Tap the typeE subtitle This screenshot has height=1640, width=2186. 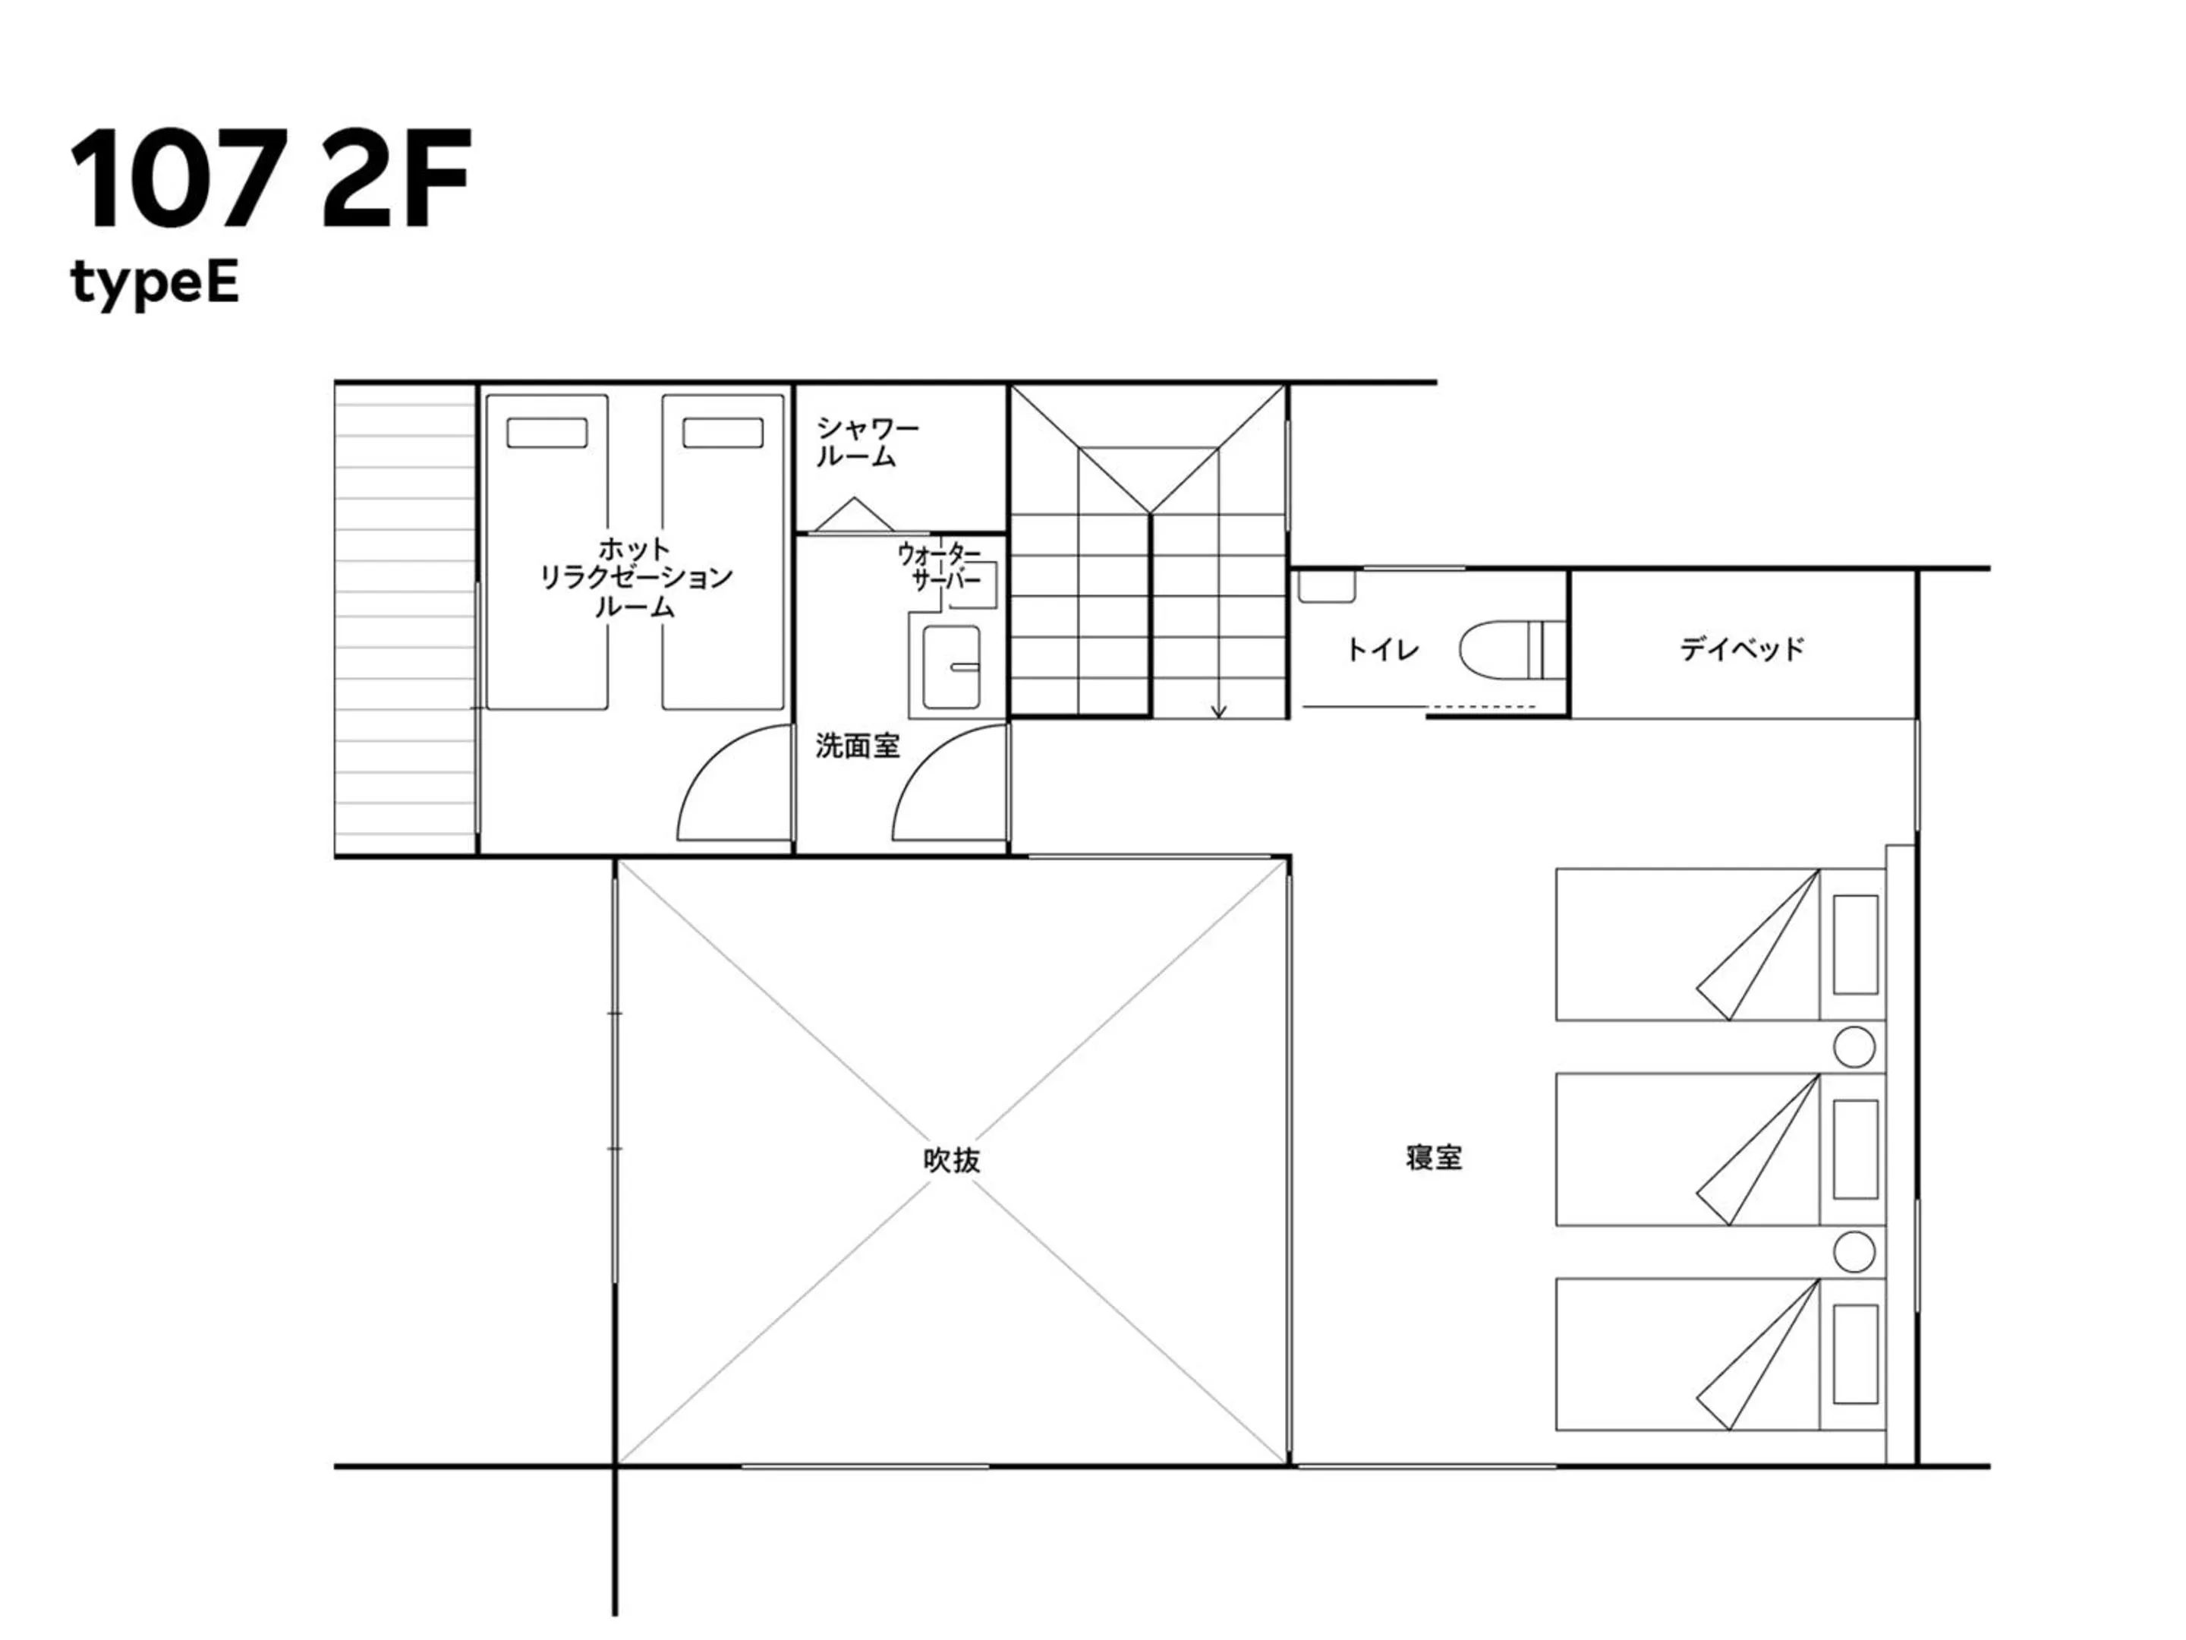154,284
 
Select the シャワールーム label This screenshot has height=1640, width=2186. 866,442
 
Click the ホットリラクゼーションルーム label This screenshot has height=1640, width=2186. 635,576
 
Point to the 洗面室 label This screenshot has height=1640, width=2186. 857,746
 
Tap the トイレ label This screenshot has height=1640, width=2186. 1381,649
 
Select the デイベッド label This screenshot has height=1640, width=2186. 1741,648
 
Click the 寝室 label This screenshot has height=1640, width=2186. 1433,1158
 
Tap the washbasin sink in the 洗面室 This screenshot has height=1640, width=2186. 951,667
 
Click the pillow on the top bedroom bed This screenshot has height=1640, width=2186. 1855,944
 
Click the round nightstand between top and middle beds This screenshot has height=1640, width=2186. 1854,1047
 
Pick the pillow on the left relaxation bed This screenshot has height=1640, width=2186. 546,433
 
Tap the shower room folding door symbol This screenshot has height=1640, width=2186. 854,516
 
